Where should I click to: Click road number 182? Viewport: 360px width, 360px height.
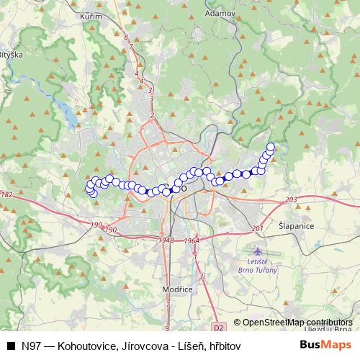pos(6,195)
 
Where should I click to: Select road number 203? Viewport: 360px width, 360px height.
pos(291,199)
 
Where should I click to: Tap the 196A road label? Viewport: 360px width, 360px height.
pos(191,241)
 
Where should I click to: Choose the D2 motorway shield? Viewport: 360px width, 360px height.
pos(220,326)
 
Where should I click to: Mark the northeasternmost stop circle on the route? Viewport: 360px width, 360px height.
pos(271,147)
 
